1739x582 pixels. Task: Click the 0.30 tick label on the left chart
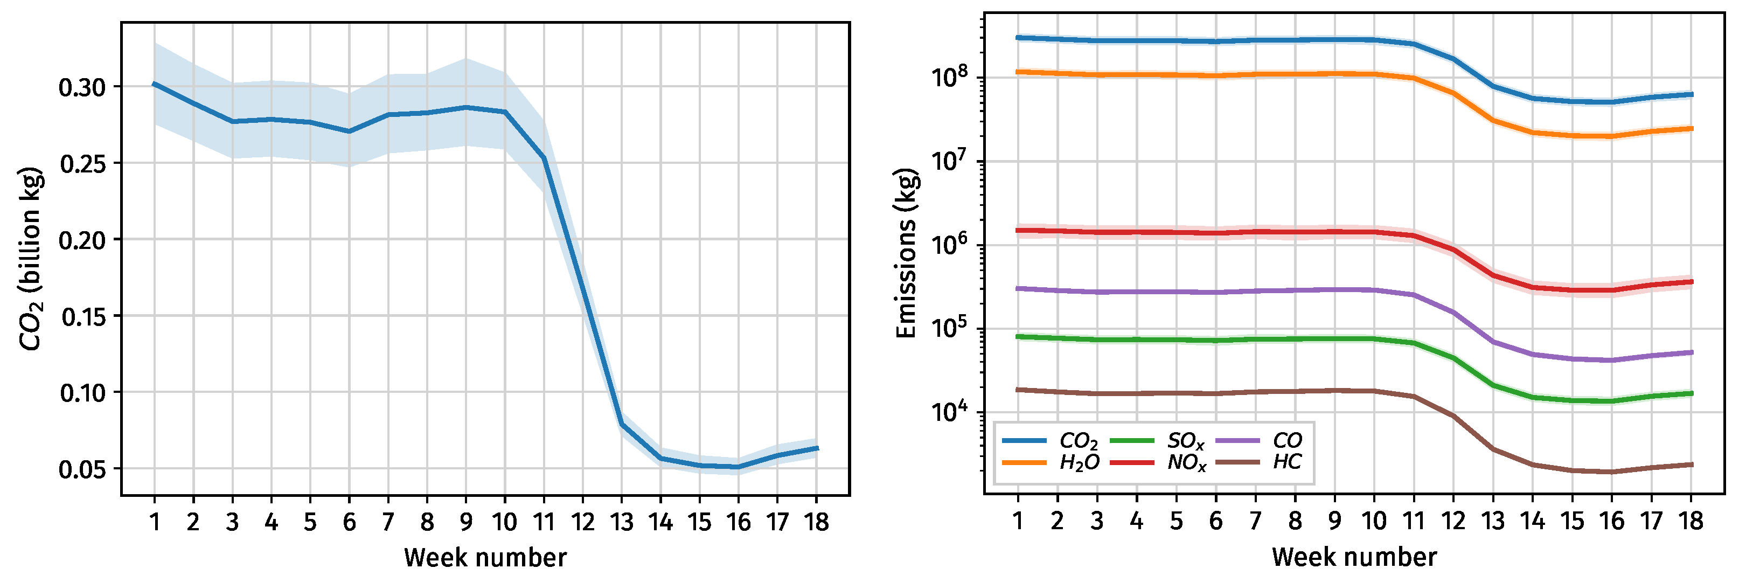82,88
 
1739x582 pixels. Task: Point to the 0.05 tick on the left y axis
82,469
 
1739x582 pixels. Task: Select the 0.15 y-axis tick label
82,317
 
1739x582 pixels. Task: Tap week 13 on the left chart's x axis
621,522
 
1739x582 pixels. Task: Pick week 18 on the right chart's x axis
1691,521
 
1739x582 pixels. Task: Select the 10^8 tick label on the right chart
949,77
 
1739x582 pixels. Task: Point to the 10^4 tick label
949,411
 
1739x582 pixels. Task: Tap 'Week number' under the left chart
485,558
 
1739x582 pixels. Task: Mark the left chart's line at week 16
739,467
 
